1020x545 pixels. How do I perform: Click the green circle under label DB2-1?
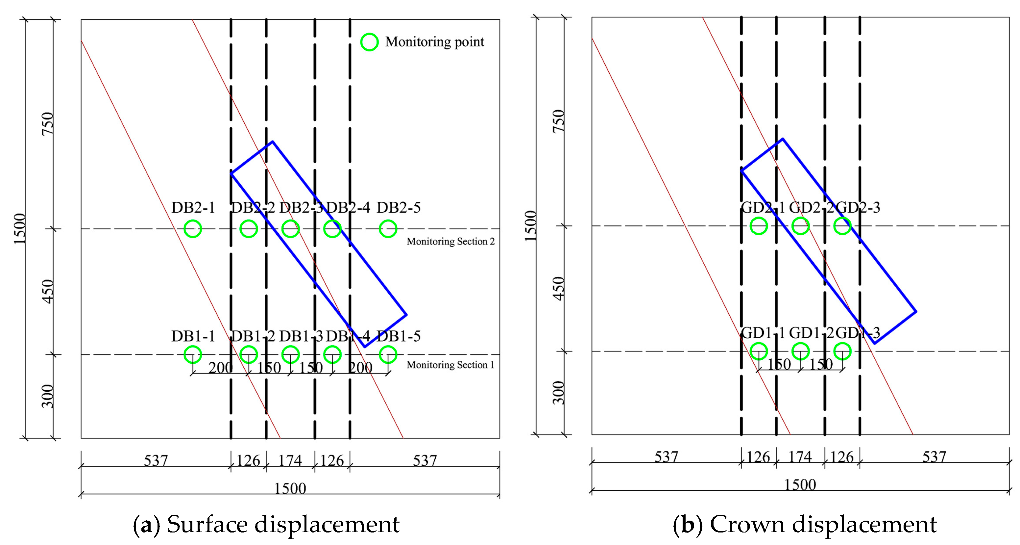point(193,229)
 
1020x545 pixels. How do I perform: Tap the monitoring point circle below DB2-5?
point(388,229)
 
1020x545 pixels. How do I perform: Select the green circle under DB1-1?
point(193,354)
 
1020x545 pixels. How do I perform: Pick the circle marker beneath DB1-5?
point(388,354)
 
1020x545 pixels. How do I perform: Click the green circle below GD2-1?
point(759,226)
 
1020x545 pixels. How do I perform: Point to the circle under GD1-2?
point(801,351)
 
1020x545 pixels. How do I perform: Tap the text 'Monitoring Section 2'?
point(450,241)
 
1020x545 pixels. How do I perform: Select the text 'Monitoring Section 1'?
point(450,365)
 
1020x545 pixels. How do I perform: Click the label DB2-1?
point(193,208)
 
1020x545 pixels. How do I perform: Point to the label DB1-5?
point(398,336)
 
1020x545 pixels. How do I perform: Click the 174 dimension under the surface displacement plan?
point(290,460)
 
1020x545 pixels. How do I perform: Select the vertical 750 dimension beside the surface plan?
point(48,124)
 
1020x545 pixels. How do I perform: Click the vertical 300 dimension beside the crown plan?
point(558,392)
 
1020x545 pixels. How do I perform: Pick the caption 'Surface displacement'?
point(283,524)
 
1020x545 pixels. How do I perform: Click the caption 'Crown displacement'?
point(823,524)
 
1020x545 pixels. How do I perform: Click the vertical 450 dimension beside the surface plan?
point(48,291)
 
